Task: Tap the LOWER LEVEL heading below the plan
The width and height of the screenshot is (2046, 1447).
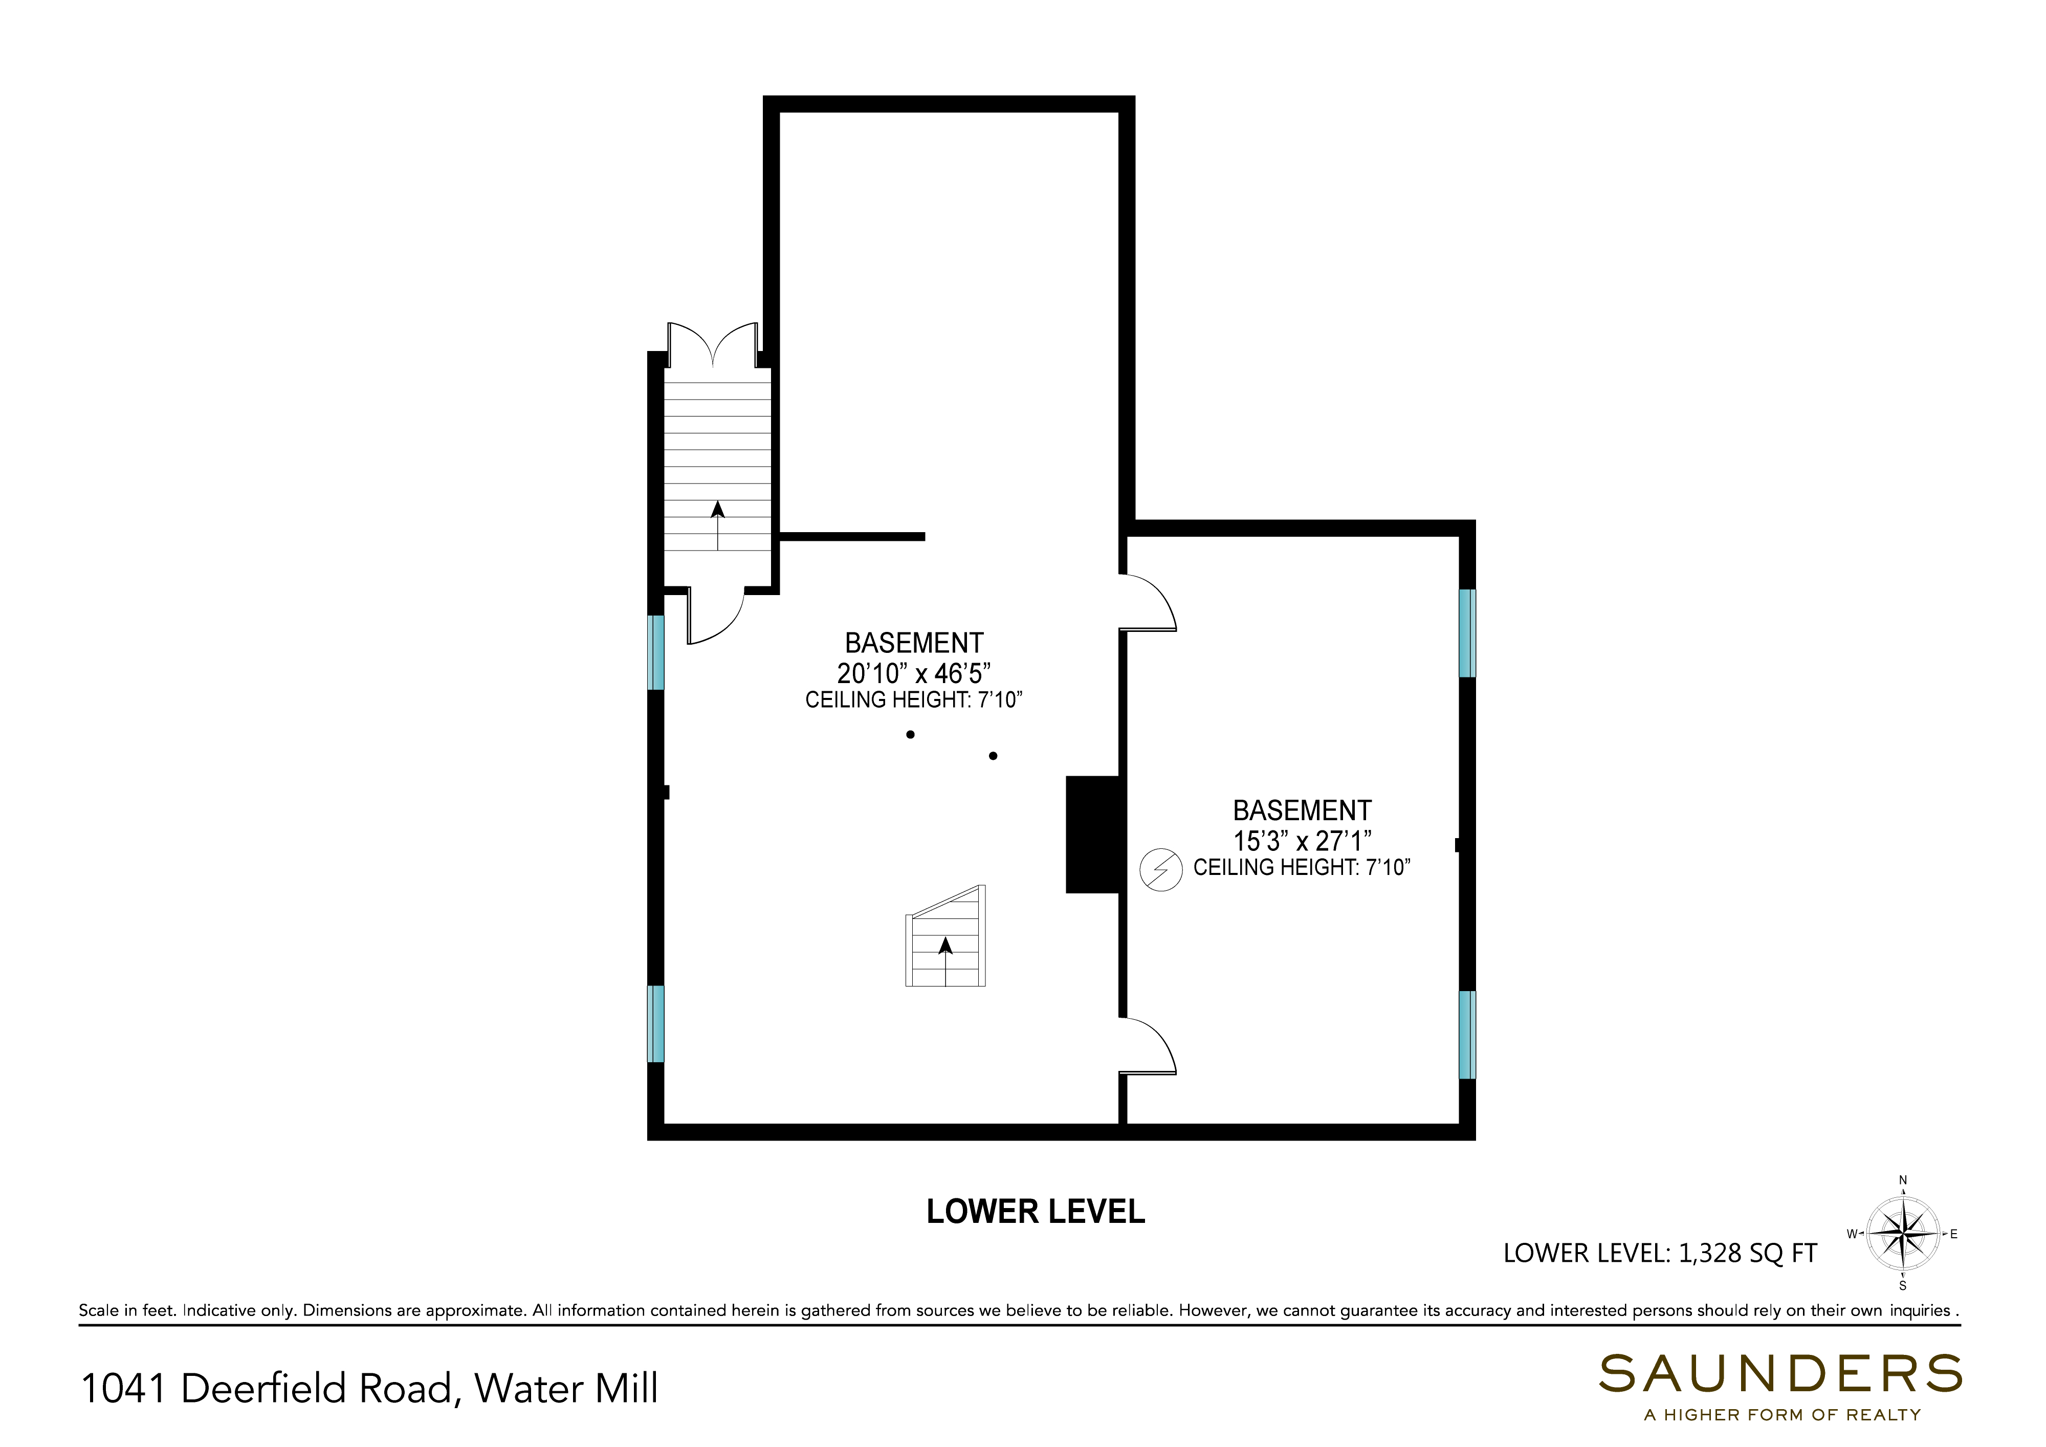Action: (x=1036, y=1212)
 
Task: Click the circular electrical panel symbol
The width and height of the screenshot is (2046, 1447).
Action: (x=1161, y=870)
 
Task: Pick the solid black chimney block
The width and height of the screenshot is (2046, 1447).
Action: (x=1092, y=835)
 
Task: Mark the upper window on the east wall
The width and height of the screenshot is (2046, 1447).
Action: (x=1467, y=633)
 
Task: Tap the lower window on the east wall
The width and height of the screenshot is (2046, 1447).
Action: (x=1467, y=1035)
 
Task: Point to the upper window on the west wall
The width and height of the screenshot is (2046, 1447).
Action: (x=656, y=652)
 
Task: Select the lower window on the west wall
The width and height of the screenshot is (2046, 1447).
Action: (x=656, y=1024)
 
